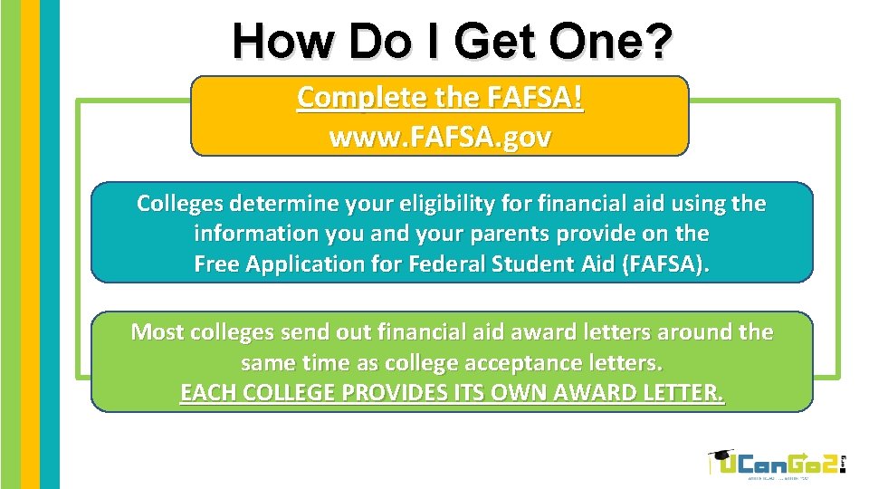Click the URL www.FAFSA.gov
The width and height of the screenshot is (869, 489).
(440, 138)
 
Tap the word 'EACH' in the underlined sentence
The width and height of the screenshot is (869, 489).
(205, 394)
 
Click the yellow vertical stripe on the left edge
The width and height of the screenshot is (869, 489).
(30, 244)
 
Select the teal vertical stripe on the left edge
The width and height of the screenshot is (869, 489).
(50, 244)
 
